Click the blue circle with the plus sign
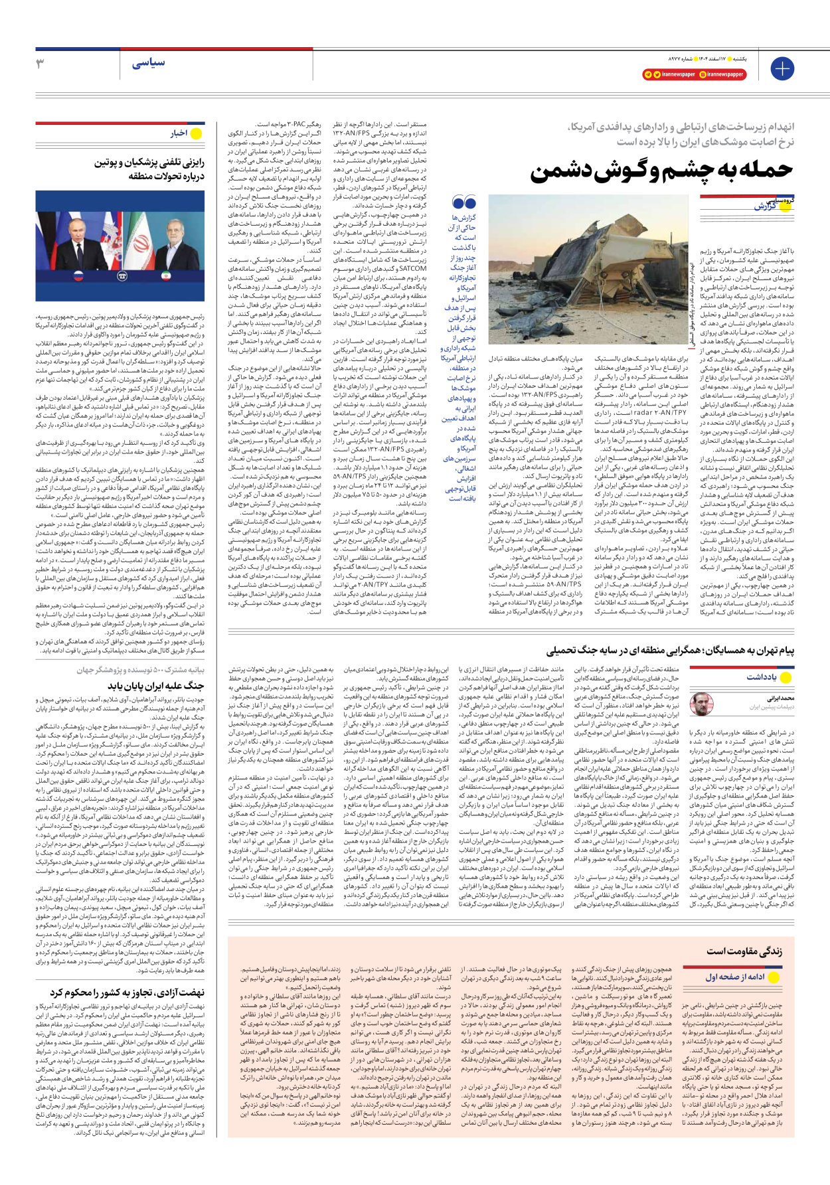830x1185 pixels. [x=782, y=68]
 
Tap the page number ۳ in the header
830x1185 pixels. [x=40, y=64]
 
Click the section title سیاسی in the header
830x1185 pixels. [x=148, y=64]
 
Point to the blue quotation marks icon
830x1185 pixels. [x=463, y=202]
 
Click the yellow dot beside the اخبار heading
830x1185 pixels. [x=196, y=133]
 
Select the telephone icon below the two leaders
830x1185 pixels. [x=122, y=276]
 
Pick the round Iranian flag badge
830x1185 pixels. [x=165, y=275]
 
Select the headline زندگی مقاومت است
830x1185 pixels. [x=744, y=951]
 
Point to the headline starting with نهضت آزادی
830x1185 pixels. [x=127, y=992]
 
